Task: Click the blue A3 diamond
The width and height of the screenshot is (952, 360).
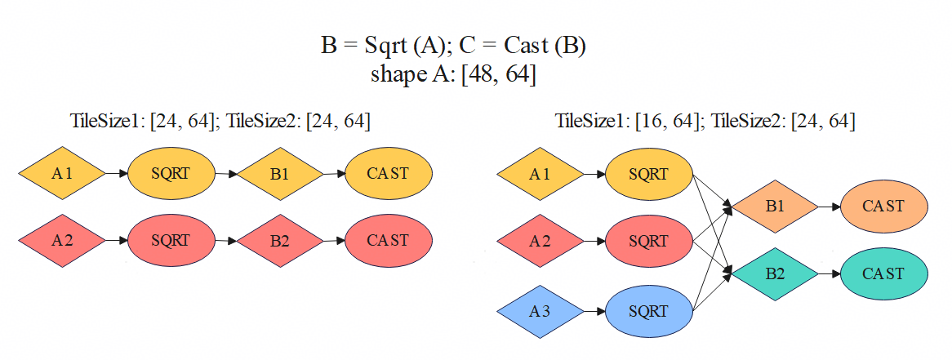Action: [x=541, y=311]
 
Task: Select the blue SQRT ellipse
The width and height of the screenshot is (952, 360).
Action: [x=649, y=311]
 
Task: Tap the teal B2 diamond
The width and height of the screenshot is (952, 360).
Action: [x=774, y=274]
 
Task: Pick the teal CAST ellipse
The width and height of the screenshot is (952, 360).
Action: [x=883, y=274]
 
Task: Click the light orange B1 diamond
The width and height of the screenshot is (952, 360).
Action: [x=774, y=207]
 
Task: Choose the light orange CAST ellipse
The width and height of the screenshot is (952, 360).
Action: [x=883, y=207]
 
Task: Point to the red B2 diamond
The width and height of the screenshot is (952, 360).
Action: [x=279, y=241]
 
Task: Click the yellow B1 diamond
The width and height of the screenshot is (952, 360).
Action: [x=279, y=173]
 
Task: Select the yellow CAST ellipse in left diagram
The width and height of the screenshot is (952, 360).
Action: [x=389, y=173]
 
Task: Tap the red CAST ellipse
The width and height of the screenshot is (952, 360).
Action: [x=389, y=241]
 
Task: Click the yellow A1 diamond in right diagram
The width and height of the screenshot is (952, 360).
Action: [x=541, y=174]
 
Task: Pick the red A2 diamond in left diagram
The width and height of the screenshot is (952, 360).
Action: [x=62, y=241]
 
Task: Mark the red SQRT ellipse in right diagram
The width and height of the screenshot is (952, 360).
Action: [x=649, y=242]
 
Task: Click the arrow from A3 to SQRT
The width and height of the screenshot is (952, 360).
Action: [x=594, y=311]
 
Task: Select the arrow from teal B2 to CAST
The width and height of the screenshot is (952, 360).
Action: [x=829, y=274]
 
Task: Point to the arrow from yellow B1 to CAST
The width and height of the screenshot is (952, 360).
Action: [x=333, y=173]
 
